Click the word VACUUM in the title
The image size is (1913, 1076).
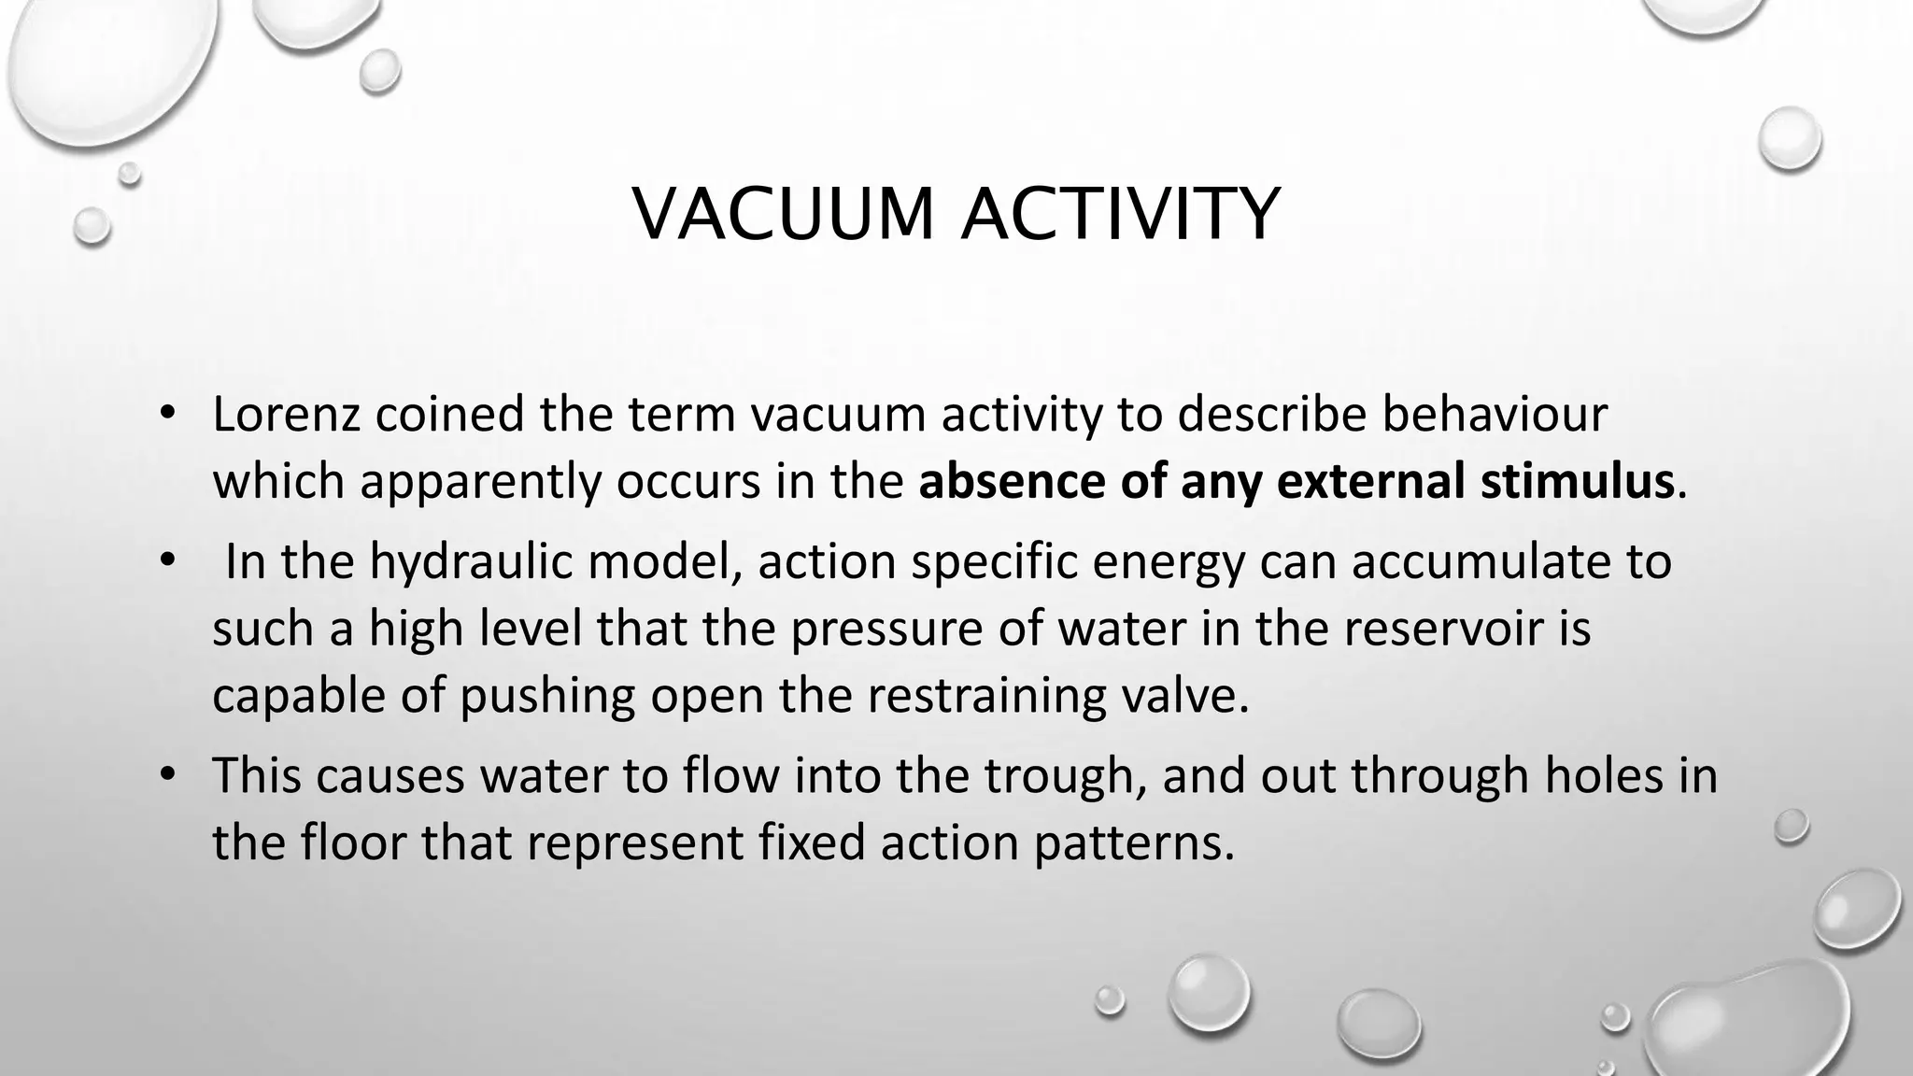coord(783,215)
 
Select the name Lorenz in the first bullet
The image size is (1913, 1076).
coord(286,415)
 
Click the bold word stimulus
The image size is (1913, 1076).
coord(1577,482)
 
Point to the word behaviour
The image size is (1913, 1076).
coord(1495,415)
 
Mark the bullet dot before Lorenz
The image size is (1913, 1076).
coord(167,415)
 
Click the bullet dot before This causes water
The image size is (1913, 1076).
coord(167,775)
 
